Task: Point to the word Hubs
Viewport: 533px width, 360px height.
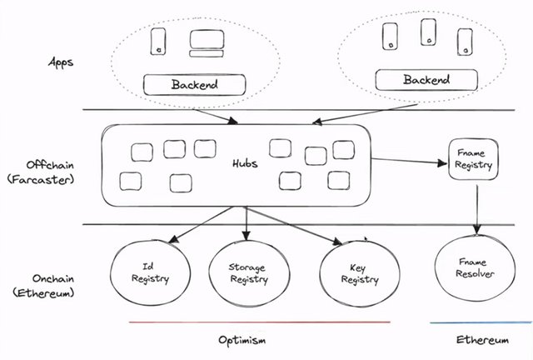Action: tap(245, 163)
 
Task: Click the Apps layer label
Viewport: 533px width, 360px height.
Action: tap(61, 62)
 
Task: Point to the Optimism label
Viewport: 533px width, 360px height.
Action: tap(242, 340)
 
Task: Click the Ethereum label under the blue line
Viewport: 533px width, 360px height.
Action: tap(482, 340)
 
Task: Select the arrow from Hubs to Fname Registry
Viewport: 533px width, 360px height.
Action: tap(409, 161)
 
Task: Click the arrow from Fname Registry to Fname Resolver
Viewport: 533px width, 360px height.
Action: tap(477, 210)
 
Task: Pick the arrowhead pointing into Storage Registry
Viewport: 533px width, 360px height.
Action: tap(247, 236)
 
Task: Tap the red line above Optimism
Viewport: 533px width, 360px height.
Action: tap(260, 322)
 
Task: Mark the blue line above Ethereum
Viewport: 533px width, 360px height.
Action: tap(481, 322)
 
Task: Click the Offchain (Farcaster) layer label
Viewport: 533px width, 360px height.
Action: tap(41, 172)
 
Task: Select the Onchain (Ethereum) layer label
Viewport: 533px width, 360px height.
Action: tap(43, 286)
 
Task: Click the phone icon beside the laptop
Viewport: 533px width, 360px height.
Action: tap(158, 41)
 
